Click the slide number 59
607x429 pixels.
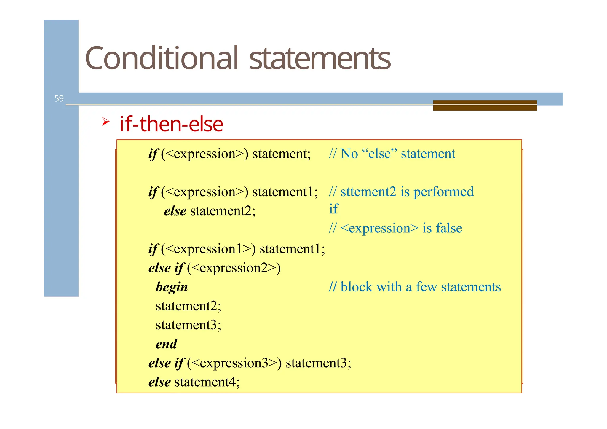click(59, 98)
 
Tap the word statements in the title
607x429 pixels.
click(320, 59)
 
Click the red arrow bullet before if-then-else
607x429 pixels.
click(106, 121)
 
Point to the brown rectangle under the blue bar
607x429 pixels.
click(485, 106)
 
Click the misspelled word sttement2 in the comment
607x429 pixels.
click(368, 192)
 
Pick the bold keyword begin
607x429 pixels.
click(172, 287)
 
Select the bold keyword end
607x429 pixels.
click(166, 344)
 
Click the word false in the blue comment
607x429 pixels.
click(449, 228)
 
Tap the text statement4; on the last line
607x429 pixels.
click(207, 382)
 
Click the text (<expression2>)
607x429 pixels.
click(234, 268)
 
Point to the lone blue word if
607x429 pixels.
click(333, 209)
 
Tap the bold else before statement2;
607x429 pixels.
click(175, 211)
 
